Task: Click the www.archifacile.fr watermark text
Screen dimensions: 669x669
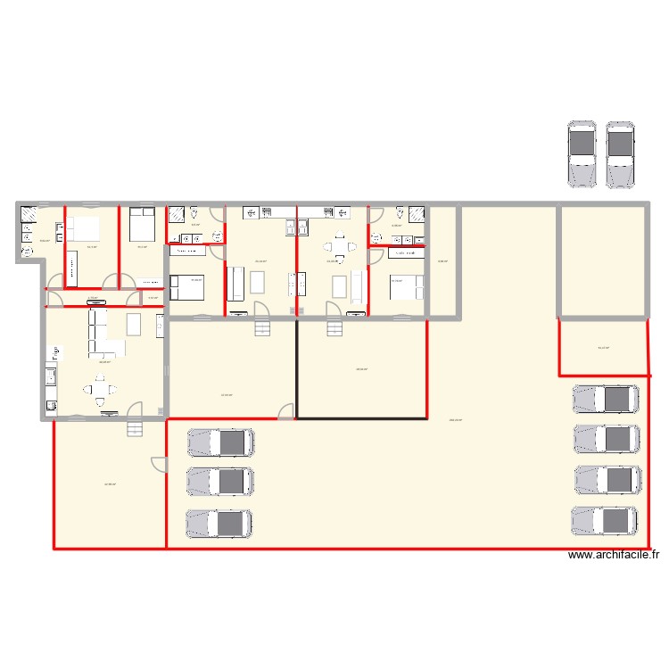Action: click(x=614, y=555)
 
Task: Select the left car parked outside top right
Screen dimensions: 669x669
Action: click(x=582, y=154)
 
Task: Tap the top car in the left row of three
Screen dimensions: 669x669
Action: click(x=219, y=442)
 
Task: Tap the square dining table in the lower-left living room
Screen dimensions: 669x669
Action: click(x=100, y=389)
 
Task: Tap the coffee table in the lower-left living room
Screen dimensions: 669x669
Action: click(x=135, y=323)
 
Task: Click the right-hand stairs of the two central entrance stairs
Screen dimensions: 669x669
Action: click(x=335, y=327)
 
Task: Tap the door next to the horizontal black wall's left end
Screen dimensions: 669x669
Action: click(x=286, y=411)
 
